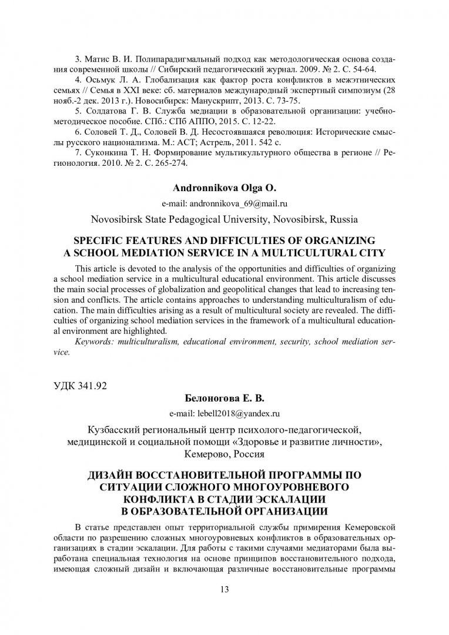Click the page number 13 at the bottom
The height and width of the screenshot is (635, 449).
[224, 590]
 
